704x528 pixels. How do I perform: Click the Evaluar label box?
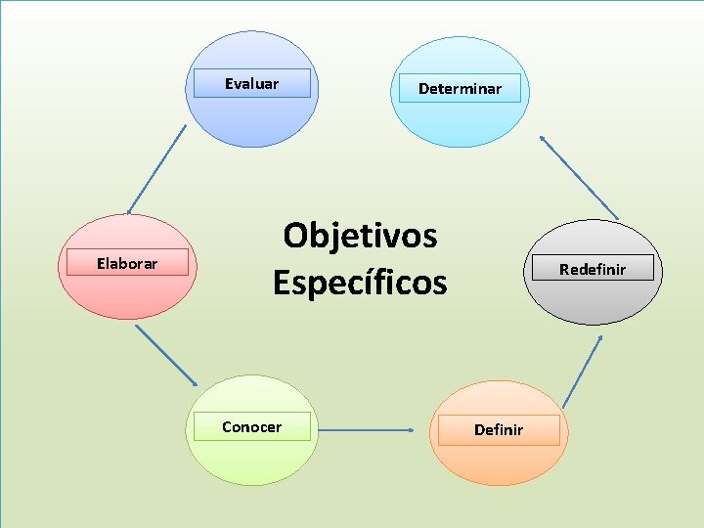(x=251, y=84)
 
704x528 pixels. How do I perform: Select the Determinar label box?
(x=460, y=89)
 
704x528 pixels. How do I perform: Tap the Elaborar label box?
(x=127, y=263)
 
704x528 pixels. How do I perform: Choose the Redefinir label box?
(x=592, y=269)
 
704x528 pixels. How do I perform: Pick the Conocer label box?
(x=251, y=427)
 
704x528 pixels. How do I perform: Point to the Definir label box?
(x=499, y=430)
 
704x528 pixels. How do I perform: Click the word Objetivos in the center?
(x=360, y=236)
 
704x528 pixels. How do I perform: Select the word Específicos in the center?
(x=360, y=283)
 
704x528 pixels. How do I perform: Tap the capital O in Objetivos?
(x=295, y=236)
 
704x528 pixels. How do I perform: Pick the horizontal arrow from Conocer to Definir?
(x=367, y=429)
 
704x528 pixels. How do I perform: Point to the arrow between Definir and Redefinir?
(x=583, y=372)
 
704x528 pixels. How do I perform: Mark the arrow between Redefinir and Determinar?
(x=579, y=177)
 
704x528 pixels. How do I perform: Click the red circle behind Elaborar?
(x=123, y=293)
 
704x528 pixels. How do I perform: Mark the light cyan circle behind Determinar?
(x=460, y=122)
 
